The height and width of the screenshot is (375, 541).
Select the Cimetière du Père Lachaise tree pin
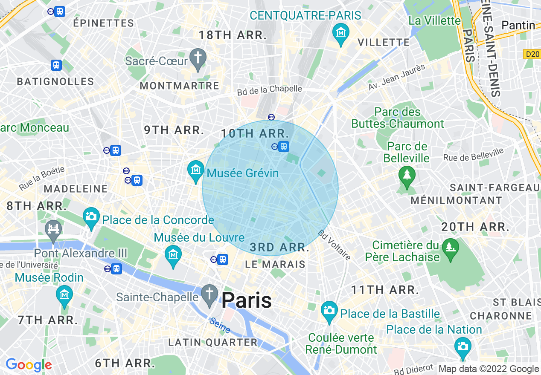pos(449,248)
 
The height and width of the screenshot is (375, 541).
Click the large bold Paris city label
pos(246,300)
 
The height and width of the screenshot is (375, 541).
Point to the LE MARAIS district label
pos(276,265)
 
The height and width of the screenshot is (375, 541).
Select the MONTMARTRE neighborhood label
pos(180,86)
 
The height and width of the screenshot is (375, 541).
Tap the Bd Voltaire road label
pos(334,245)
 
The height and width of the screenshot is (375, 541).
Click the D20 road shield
pos(531,54)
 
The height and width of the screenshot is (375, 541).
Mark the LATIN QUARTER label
pos(213,342)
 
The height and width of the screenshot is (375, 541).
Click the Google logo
pos(29,365)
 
